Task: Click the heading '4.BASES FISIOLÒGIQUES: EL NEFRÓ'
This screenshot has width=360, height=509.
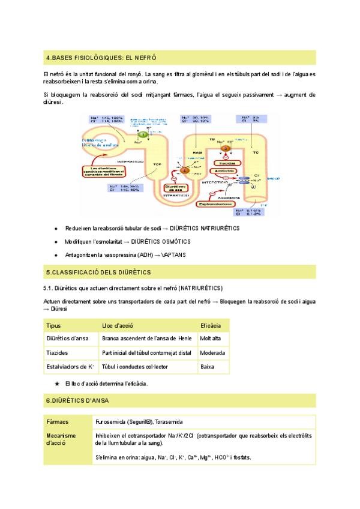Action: (101, 58)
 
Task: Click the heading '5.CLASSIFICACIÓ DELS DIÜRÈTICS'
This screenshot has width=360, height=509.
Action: (98, 273)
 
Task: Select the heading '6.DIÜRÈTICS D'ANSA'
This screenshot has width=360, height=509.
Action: (77, 400)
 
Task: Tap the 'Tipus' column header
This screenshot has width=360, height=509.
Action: (53, 325)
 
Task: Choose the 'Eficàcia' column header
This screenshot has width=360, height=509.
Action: (211, 325)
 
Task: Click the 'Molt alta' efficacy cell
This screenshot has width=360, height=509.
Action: (211, 339)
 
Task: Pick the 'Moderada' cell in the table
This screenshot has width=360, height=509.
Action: (213, 352)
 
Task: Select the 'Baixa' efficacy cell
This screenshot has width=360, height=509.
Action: (207, 366)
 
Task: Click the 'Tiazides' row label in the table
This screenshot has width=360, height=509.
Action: (58, 352)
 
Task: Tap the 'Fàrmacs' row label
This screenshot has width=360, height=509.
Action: (58, 422)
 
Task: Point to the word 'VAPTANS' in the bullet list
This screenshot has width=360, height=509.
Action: (173, 255)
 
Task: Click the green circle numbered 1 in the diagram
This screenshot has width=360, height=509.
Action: (142, 134)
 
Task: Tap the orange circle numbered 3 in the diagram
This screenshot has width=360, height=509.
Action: (225, 148)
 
